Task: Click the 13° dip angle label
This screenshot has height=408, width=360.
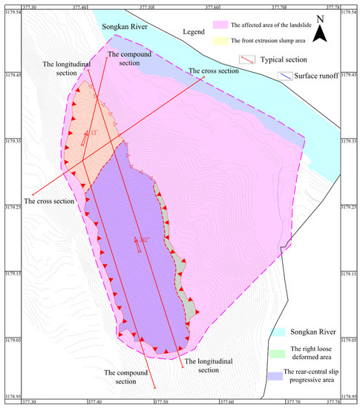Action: pyautogui.click(x=92, y=134)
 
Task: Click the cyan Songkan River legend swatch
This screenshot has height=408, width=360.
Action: pyautogui.click(x=278, y=332)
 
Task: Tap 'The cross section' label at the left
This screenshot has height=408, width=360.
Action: pyautogui.click(x=50, y=201)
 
